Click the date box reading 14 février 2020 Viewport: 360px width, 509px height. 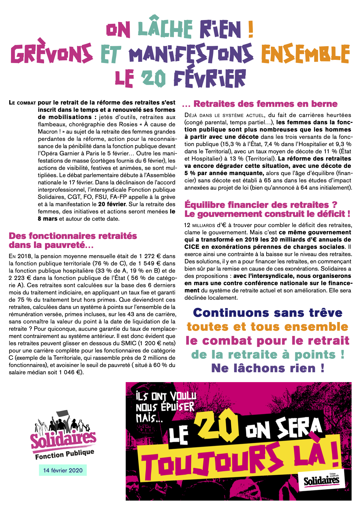[63, 470]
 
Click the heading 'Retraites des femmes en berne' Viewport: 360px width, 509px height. [265, 104]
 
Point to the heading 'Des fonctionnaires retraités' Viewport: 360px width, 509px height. [73, 236]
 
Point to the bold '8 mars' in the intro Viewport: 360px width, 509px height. [48, 219]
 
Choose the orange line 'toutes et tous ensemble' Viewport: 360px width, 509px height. [267, 327]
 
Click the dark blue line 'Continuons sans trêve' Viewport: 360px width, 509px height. [267, 313]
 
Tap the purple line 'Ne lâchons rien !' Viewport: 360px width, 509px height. [267, 368]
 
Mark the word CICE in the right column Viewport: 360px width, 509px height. [192, 247]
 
